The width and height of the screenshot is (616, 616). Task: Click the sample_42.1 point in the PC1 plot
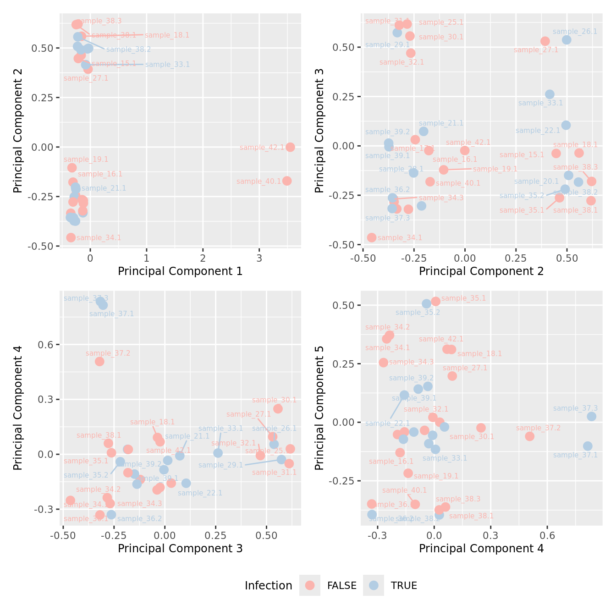290,147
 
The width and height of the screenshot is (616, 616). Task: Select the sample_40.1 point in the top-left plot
287,181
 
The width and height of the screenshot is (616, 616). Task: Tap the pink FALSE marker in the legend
310,585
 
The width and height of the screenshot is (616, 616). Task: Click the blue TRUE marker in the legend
374,585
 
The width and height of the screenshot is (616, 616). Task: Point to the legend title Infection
268,586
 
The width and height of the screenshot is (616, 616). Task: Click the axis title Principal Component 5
319,407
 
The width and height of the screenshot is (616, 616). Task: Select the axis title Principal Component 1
180,271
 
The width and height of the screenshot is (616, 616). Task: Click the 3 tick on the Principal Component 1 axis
259,258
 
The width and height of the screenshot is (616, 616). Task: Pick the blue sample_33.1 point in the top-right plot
550,94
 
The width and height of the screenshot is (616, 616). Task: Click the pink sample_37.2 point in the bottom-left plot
99,362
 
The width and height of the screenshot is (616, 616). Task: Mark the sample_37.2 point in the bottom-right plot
530,436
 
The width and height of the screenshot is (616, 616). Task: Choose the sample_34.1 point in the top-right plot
372,237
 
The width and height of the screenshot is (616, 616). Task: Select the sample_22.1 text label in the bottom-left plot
200,493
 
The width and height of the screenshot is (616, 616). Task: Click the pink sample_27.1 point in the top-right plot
545,41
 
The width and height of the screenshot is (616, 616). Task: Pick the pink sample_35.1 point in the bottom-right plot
436,301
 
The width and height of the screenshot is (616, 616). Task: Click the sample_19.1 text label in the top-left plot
86,159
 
